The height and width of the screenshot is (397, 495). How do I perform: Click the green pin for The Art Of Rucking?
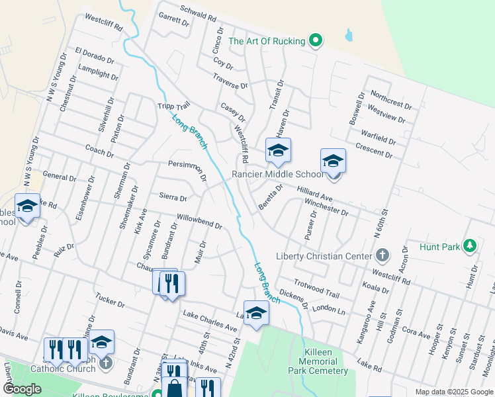tap(316, 41)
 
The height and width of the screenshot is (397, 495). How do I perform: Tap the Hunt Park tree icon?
tap(470, 247)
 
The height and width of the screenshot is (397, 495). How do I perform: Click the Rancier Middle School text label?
tap(277, 175)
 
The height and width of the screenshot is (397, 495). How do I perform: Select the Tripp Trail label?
tap(173, 106)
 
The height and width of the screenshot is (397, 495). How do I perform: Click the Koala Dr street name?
tap(376, 287)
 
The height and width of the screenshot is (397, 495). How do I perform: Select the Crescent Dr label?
tap(374, 151)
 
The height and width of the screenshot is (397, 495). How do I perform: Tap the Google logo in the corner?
tap(22, 389)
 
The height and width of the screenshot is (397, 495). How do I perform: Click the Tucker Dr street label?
tap(110, 302)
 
